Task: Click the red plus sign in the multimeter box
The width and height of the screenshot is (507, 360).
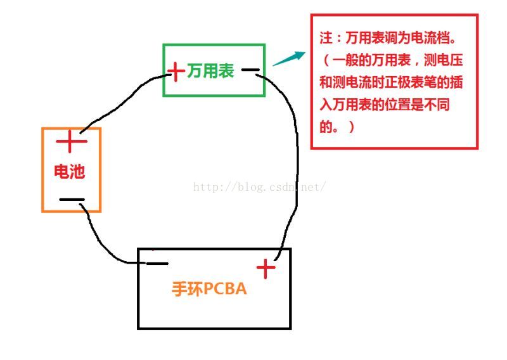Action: pyautogui.click(x=176, y=70)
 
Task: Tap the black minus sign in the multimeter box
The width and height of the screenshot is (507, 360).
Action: pyautogui.click(x=250, y=70)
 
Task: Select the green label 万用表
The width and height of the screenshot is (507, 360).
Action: pyautogui.click(x=210, y=71)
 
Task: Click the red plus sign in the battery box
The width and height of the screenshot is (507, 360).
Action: pyautogui.click(x=71, y=142)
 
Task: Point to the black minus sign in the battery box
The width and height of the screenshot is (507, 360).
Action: pyautogui.click(x=72, y=200)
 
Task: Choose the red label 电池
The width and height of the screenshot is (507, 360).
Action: pyautogui.click(x=69, y=171)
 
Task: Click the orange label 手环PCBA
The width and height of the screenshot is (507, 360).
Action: pyautogui.click(x=209, y=290)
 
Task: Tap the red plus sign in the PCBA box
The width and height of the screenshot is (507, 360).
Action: pyautogui.click(x=266, y=269)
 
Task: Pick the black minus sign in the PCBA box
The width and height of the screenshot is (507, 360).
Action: pyautogui.click(x=157, y=263)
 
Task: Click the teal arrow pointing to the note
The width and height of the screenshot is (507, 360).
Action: pyautogui.click(x=287, y=59)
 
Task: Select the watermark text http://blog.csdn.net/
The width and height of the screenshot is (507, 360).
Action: pyautogui.click(x=259, y=187)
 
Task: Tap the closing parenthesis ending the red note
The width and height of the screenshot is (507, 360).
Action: pyautogui.click(x=351, y=127)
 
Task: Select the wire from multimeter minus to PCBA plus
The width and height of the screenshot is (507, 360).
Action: pyautogui.click(x=295, y=158)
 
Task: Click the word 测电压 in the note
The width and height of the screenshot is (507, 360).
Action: pyautogui.click(x=451, y=61)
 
